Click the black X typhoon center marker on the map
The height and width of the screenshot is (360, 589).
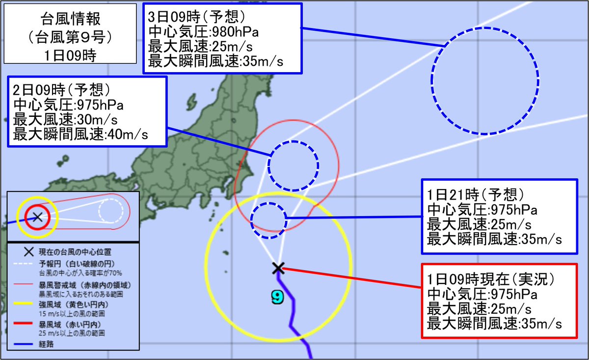(278, 268)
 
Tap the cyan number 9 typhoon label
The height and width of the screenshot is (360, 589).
(277, 296)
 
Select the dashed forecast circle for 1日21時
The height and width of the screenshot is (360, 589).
(268, 221)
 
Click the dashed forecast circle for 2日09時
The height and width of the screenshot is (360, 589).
(294, 166)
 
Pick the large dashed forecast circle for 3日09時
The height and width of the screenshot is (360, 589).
(485, 81)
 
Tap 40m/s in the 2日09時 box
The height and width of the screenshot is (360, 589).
(127, 134)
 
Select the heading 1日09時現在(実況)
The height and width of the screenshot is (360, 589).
(490, 279)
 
